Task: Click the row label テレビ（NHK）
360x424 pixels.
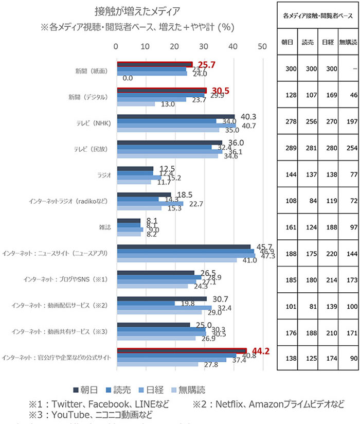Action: (93, 123)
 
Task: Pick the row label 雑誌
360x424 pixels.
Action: (104, 227)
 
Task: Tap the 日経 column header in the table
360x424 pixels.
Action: (327, 42)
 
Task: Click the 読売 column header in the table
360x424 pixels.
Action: (308, 42)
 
